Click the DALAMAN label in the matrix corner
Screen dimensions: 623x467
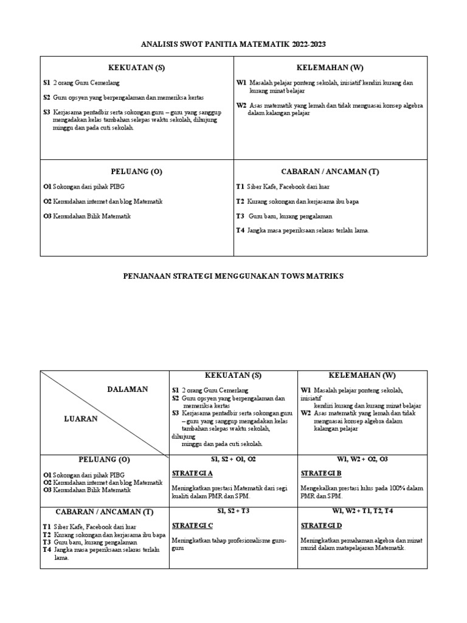click(x=127, y=389)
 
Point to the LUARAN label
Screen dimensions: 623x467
click(x=80, y=419)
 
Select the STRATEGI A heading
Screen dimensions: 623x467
click(x=192, y=473)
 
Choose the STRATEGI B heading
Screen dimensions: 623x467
click(x=321, y=473)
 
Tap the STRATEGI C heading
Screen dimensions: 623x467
click(x=192, y=525)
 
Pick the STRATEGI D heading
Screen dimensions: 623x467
click(x=321, y=525)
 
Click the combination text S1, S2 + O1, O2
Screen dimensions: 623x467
click(x=233, y=459)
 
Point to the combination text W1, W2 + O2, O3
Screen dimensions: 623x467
click(x=362, y=459)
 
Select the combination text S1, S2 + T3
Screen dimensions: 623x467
click(x=233, y=511)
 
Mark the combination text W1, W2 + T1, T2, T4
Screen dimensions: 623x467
click(x=362, y=511)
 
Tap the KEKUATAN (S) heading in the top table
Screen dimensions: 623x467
click(x=137, y=68)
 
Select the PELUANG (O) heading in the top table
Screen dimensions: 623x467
click(x=137, y=172)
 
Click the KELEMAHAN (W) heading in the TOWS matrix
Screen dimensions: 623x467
click(x=362, y=375)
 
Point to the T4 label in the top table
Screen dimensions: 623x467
click(x=240, y=230)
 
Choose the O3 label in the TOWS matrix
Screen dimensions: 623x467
click(x=47, y=490)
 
